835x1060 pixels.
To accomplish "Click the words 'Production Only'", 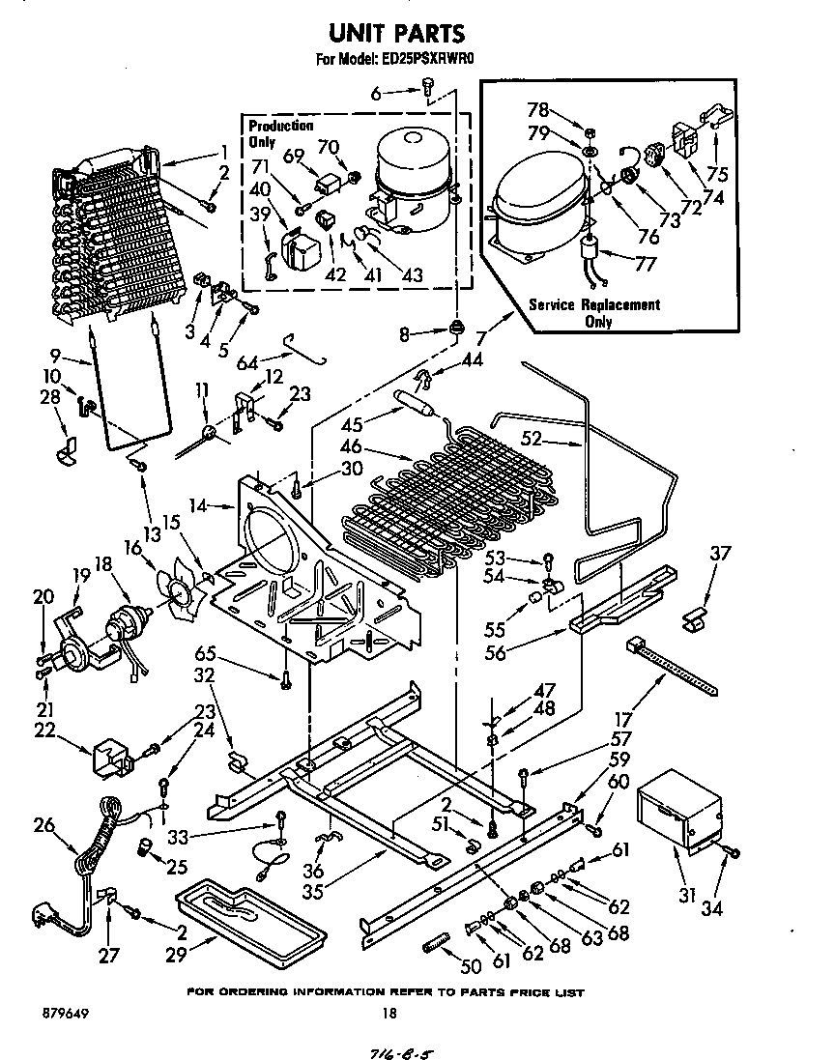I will [280, 132].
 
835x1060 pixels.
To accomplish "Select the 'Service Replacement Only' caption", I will [593, 312].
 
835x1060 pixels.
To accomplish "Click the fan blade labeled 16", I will [180, 594].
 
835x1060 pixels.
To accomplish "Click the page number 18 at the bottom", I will [389, 1013].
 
